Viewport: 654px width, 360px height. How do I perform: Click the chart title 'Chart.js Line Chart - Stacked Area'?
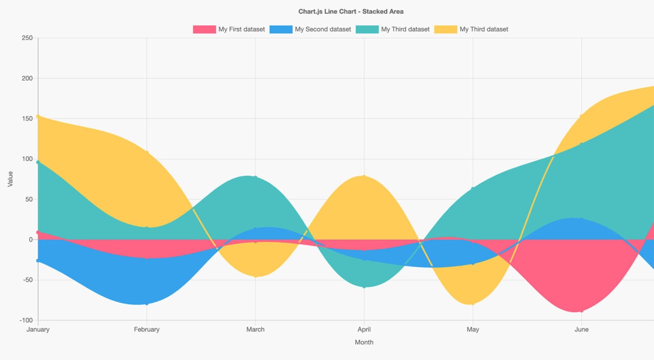tap(351, 11)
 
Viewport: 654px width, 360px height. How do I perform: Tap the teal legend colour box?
tap(367, 29)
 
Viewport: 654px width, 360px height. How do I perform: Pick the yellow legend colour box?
tap(446, 29)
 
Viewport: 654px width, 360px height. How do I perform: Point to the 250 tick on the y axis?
tap(27, 38)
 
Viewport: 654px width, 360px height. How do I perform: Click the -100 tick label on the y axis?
tap(25, 320)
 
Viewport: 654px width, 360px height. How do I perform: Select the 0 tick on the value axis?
tap(31, 239)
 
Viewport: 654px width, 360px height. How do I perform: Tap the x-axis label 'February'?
tap(147, 329)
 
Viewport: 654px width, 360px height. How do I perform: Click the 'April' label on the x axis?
tap(364, 329)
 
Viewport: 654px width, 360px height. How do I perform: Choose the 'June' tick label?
tap(581, 329)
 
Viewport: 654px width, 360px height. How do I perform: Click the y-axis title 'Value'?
tap(10, 179)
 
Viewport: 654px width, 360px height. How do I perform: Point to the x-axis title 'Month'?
tap(364, 342)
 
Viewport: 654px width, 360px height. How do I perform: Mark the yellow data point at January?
tap(38, 116)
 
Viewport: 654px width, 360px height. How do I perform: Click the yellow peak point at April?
tap(364, 176)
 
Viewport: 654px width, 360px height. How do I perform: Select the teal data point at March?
tap(255, 177)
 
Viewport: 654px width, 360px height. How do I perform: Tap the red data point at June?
tap(581, 311)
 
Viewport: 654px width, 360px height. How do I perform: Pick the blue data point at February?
tap(147, 304)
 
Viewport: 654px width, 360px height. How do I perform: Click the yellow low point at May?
tap(473, 304)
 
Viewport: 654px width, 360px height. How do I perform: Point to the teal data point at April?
tap(364, 286)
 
